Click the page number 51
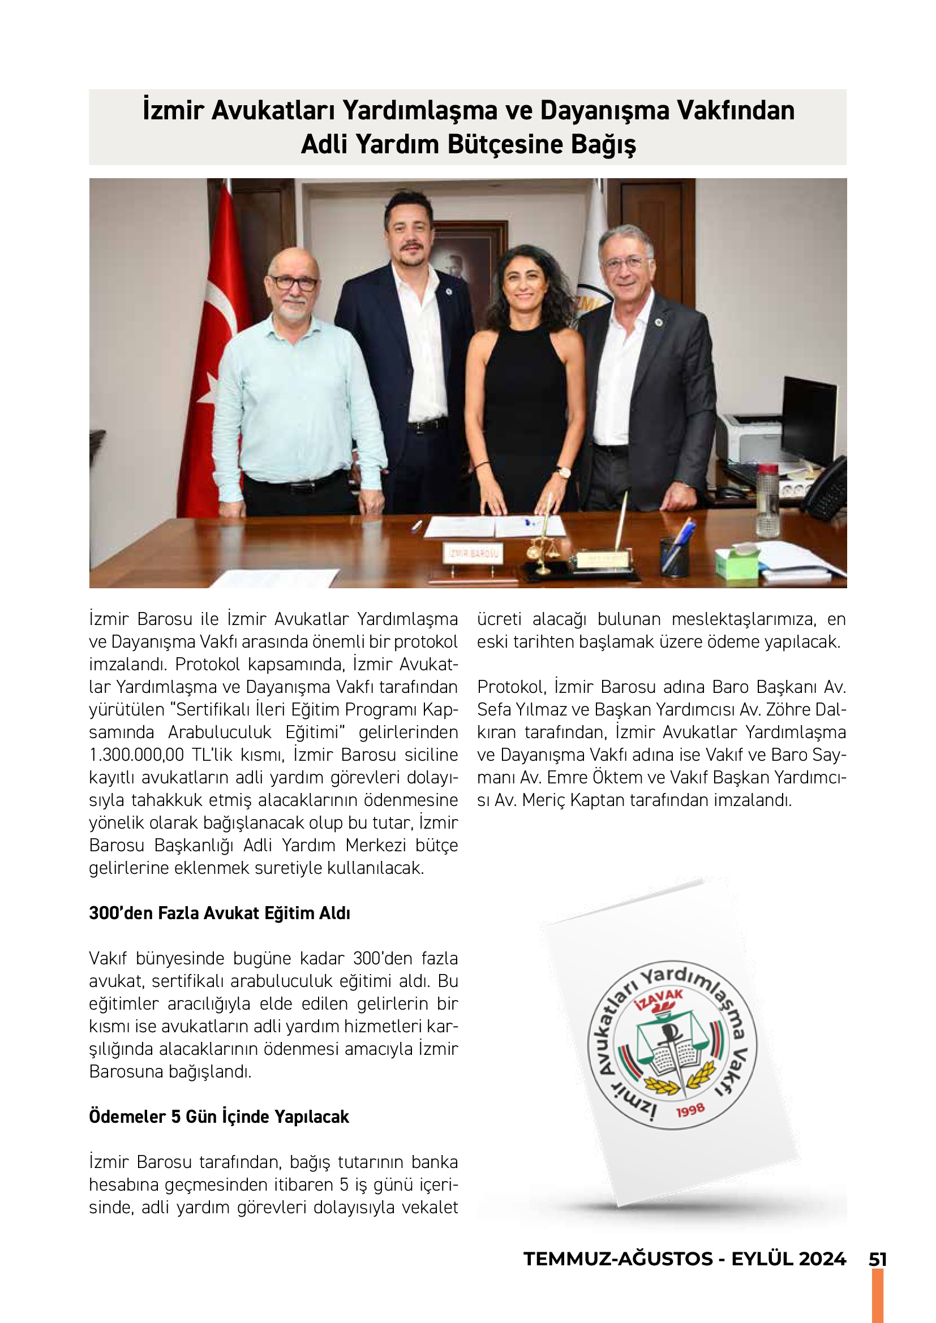[x=877, y=1259]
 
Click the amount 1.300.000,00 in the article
[x=136, y=755]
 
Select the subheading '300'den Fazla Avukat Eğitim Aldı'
[x=220, y=913]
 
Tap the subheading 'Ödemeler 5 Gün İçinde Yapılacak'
[x=219, y=1117]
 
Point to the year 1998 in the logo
[x=690, y=1110]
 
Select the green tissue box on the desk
[x=737, y=562]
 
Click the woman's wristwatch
[x=563, y=472]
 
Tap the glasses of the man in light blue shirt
[x=293, y=283]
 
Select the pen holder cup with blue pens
[x=675, y=555]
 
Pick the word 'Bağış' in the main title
[x=603, y=144]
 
